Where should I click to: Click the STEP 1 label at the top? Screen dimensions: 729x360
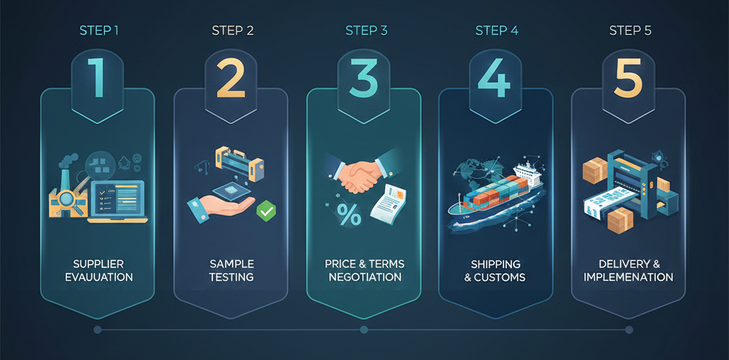click(99, 31)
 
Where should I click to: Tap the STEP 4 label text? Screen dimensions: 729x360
click(496, 31)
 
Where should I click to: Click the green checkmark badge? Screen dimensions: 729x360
click(266, 211)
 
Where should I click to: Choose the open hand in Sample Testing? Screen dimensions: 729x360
click(221, 206)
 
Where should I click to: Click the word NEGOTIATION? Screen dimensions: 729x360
click(365, 277)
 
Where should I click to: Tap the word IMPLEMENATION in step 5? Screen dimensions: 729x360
click(628, 277)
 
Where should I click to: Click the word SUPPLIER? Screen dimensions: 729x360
click(98, 264)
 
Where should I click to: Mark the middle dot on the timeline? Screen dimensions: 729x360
click(364, 330)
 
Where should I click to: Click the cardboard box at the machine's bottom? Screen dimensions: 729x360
click(620, 221)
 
